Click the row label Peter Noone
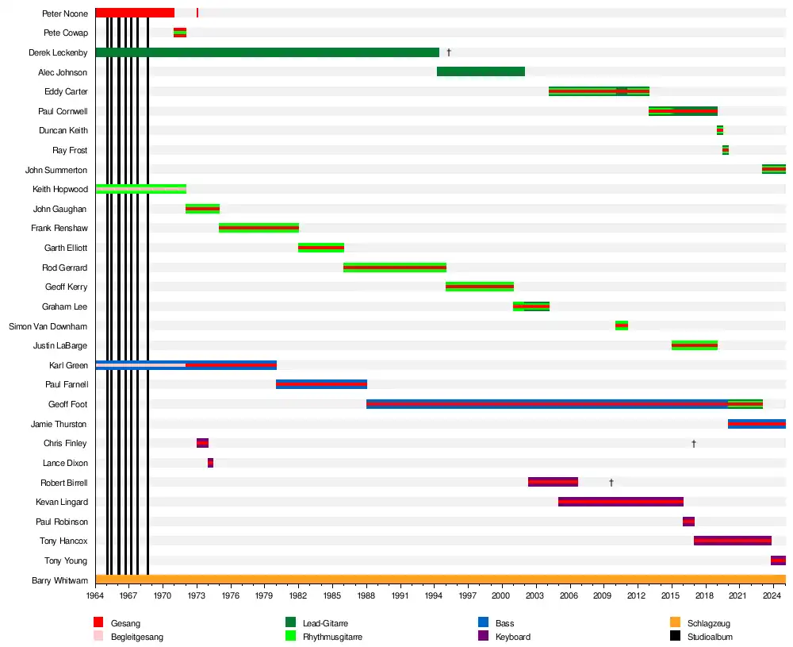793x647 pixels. pyautogui.click(x=65, y=13)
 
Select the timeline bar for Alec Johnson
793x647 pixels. pyautogui.click(x=481, y=72)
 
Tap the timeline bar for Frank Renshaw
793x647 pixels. pyautogui.click(x=259, y=228)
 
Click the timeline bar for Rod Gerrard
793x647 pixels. pyautogui.click(x=395, y=268)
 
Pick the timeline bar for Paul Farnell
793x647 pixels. pyautogui.click(x=321, y=384)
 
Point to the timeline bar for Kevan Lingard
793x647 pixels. pyautogui.click(x=621, y=502)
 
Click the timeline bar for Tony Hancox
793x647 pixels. pyautogui.click(x=733, y=541)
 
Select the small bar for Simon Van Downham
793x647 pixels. pyautogui.click(x=622, y=325)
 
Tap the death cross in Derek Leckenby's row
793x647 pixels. pyautogui.click(x=449, y=52)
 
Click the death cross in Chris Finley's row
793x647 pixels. pyautogui.click(x=694, y=443)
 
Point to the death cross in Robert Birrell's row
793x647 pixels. pyautogui.click(x=611, y=482)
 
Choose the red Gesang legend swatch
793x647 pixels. pyautogui.click(x=98, y=623)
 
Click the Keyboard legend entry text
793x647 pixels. pyautogui.click(x=513, y=637)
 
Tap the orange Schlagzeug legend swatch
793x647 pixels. pyautogui.click(x=675, y=623)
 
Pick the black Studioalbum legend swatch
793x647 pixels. pyautogui.click(x=675, y=636)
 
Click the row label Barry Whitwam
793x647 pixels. pyautogui.click(x=59, y=580)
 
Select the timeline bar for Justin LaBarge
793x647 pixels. pyautogui.click(x=694, y=345)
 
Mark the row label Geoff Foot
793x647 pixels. pyautogui.click(x=67, y=404)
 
